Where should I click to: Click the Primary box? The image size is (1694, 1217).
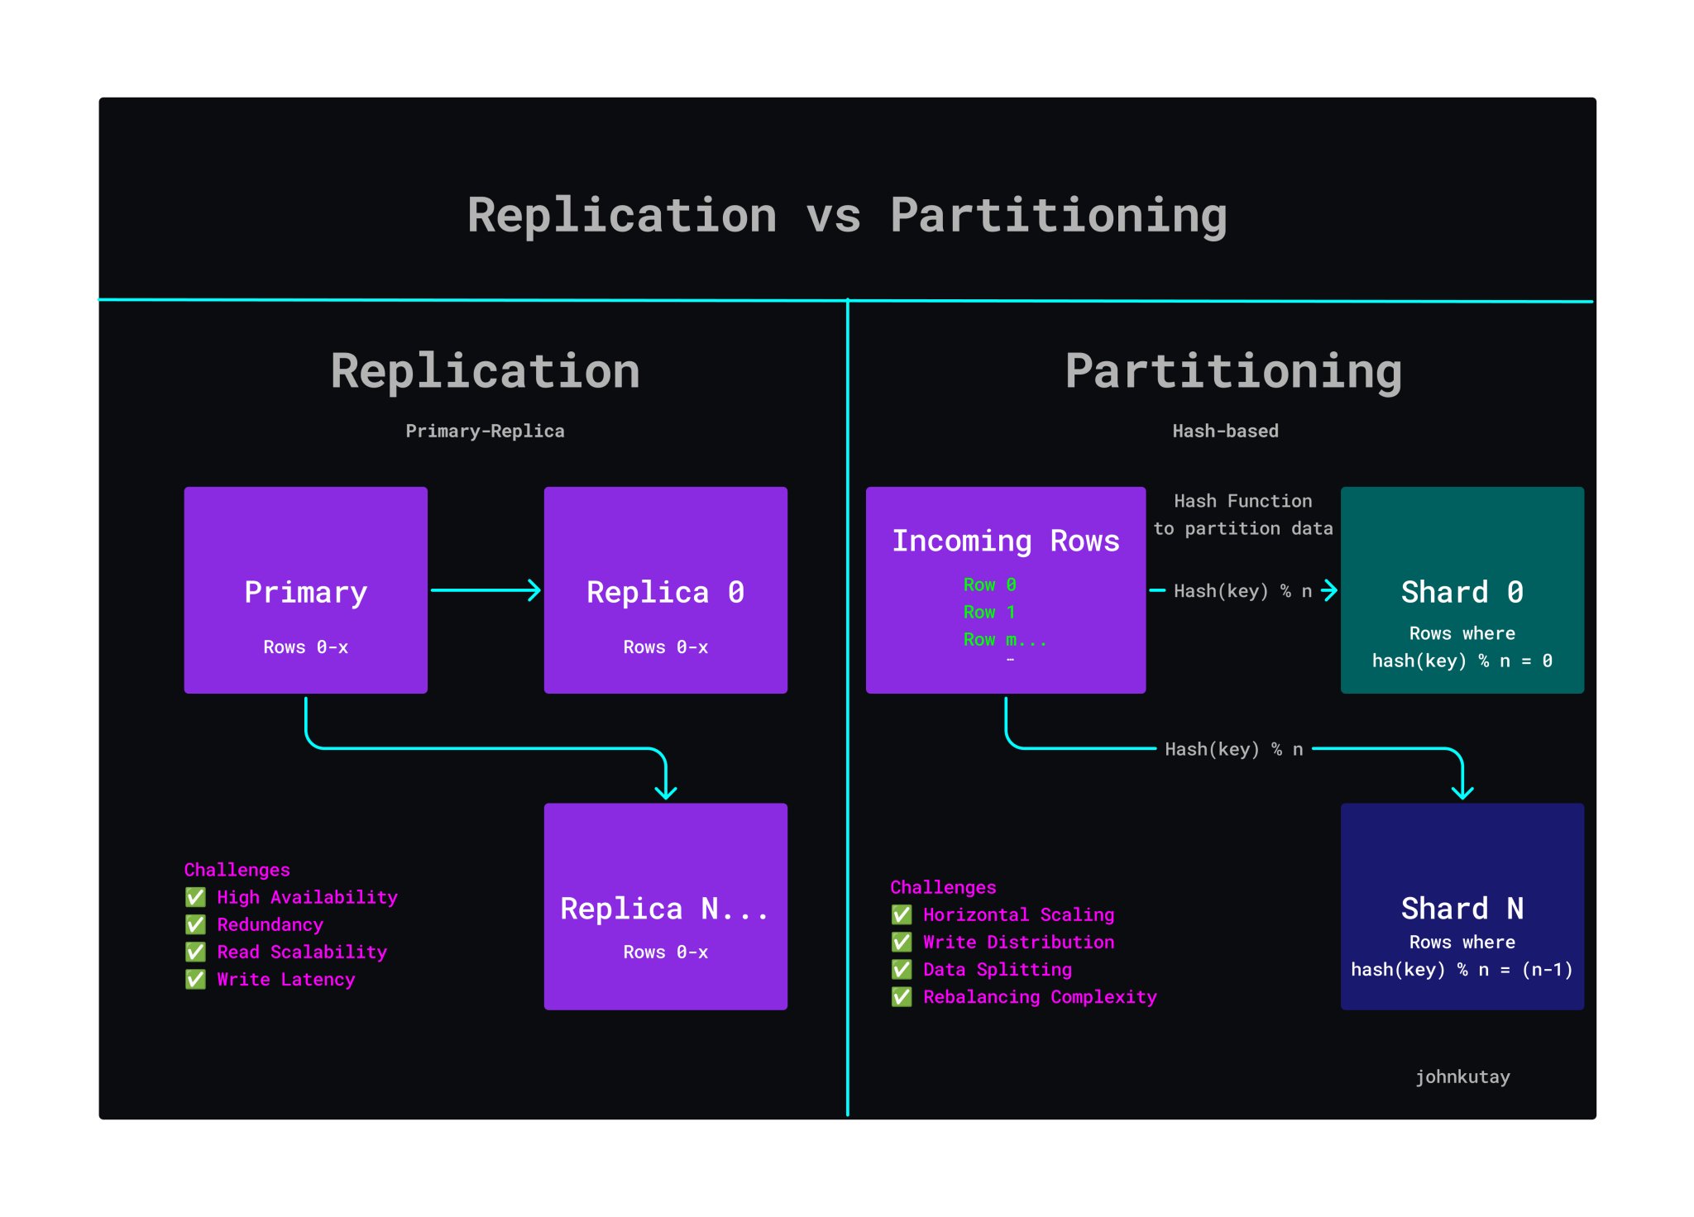[x=305, y=589]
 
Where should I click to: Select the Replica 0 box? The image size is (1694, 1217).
[x=665, y=589]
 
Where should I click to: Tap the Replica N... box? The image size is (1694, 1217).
[x=665, y=906]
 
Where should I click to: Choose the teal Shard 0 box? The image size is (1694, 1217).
[x=1462, y=589]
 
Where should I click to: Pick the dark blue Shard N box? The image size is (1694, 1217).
[x=1462, y=906]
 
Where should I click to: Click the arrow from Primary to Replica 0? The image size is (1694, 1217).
[x=486, y=590]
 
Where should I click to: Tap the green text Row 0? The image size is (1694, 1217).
[x=989, y=585]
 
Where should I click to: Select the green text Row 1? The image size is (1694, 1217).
[x=989, y=612]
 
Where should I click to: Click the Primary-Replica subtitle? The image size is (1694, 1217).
[x=485, y=431]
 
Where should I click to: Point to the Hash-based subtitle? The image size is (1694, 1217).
[x=1225, y=431]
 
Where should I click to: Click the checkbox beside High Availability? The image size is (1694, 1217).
[x=195, y=897]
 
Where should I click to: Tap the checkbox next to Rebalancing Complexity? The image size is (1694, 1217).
[x=902, y=997]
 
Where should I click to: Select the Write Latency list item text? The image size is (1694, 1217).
[x=285, y=979]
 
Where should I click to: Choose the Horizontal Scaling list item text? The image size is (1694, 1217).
[x=1018, y=914]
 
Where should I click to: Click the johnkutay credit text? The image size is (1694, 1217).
[x=1462, y=1076]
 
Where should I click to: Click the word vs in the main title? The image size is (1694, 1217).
[x=833, y=216]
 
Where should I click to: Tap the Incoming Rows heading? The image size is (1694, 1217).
[x=1005, y=541]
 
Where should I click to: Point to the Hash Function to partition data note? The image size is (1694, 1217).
[x=1242, y=514]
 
